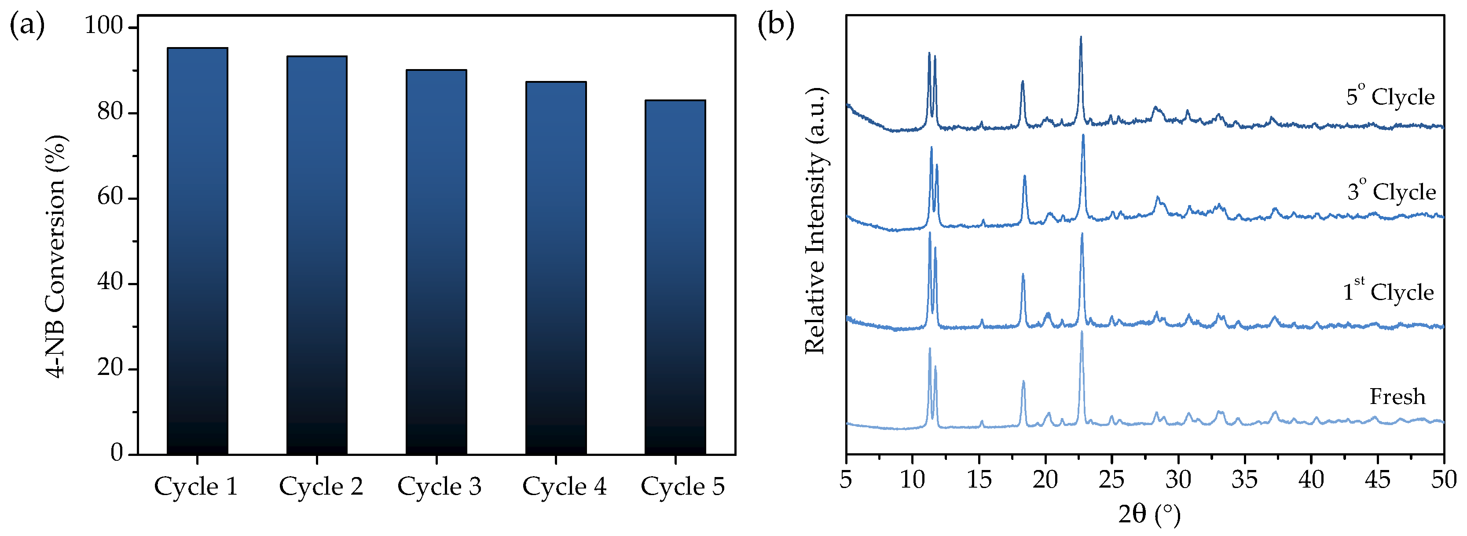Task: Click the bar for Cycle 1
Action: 197,251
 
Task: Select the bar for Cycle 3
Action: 436,262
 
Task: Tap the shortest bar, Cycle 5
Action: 675,277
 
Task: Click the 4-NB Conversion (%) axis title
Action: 57,256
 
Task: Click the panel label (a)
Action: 27,26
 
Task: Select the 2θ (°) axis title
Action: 1149,514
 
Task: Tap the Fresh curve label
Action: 1397,396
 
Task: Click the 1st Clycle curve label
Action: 1388,291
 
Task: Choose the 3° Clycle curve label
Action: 1391,191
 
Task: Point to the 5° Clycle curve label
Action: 1390,95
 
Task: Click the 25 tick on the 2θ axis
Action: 1111,480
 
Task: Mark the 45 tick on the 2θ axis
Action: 1377,480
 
